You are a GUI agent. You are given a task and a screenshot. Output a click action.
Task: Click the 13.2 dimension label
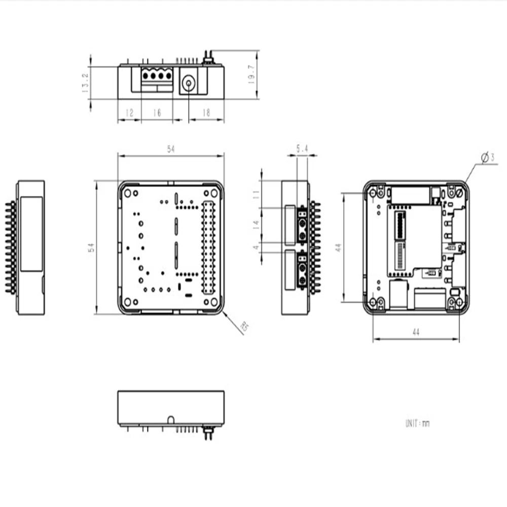(x=85, y=82)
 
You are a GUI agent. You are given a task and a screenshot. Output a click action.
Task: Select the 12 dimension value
(x=129, y=113)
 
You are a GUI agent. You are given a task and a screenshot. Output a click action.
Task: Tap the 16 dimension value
(x=157, y=113)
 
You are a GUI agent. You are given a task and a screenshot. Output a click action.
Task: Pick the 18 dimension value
(x=206, y=113)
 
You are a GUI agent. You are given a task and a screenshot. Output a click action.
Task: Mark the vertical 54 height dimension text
(x=91, y=248)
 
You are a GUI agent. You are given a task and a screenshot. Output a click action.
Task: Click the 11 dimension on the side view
(x=257, y=194)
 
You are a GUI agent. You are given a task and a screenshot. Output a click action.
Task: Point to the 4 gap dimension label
(x=257, y=247)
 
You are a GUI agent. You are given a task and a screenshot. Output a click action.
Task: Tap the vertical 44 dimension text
(x=339, y=248)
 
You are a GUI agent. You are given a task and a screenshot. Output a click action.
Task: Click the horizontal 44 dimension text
(x=415, y=332)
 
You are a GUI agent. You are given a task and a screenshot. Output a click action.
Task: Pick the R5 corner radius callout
(x=245, y=328)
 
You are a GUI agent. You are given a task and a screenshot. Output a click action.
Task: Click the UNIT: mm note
(x=417, y=423)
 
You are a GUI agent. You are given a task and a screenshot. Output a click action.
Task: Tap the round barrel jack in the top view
(x=189, y=83)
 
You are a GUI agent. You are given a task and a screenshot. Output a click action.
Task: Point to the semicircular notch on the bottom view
(x=171, y=419)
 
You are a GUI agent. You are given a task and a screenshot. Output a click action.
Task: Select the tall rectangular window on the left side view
(x=31, y=234)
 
